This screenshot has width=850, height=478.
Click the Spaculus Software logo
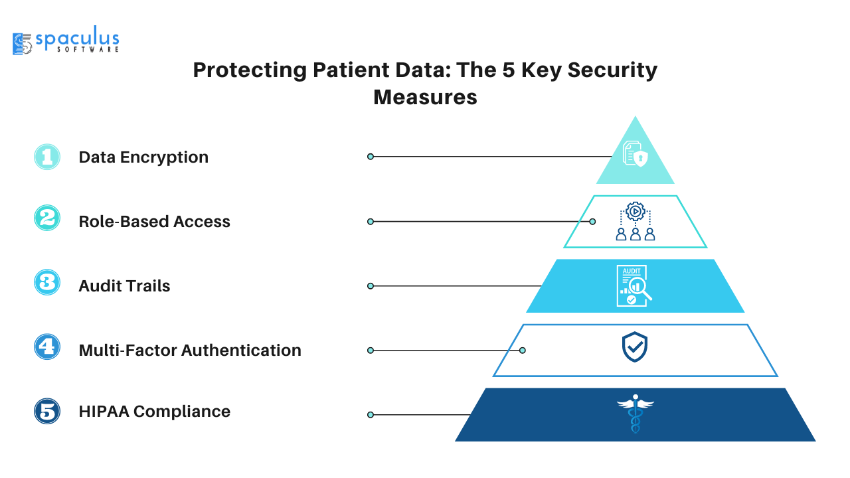66,40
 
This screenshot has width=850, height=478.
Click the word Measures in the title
425,97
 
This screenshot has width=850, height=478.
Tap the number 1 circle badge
47,157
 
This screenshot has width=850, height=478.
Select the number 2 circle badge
47,218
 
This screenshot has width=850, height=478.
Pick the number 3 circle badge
47,282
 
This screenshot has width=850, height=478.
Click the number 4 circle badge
47,347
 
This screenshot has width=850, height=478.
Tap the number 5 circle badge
47,411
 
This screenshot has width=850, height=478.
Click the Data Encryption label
143,157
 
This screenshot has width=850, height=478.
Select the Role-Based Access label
155,222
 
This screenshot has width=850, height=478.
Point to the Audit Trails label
124,286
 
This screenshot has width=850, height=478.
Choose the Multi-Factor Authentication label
190,350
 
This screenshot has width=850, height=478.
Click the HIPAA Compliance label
155,412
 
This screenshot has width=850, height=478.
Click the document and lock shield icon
636,153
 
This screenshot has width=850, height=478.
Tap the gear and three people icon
636,221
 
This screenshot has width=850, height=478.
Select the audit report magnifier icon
634,285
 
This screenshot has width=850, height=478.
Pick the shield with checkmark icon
634,347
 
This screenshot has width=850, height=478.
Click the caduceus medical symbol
636,414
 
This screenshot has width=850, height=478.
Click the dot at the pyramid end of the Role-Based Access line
592,222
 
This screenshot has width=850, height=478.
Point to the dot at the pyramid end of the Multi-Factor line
523,350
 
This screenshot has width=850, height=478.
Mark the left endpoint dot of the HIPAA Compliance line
371,415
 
